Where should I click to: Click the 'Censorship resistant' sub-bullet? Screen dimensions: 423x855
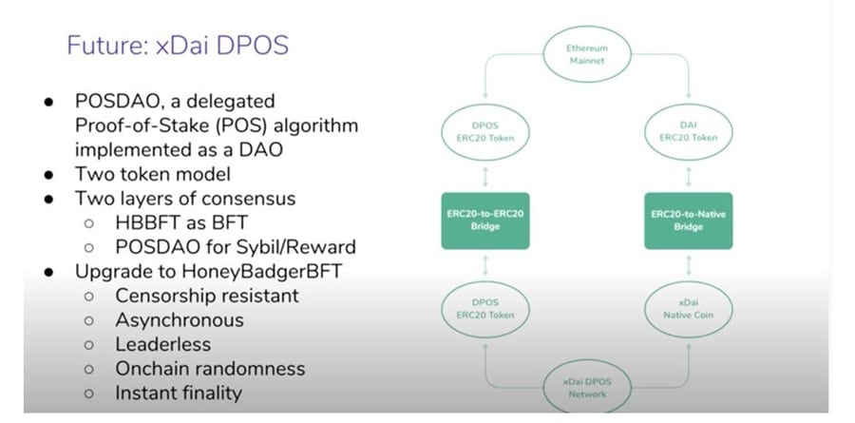[207, 296]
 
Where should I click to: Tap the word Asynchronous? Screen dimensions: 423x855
[180, 319]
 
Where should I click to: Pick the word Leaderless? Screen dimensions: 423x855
[162, 343]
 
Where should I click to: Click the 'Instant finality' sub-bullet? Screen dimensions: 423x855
[179, 392]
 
